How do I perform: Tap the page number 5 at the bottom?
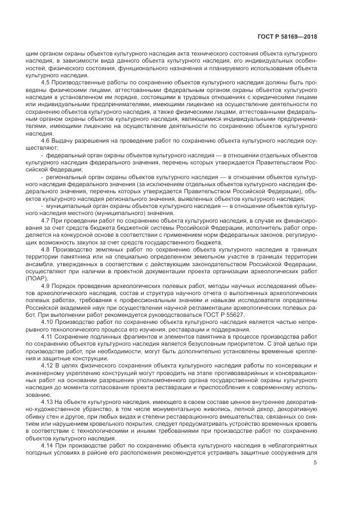(316, 463)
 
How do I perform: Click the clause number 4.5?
(46, 82)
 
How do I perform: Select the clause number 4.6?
(46, 141)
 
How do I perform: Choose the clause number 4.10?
(47, 322)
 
